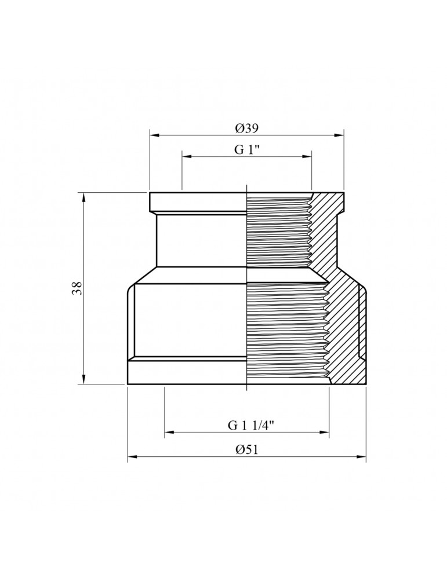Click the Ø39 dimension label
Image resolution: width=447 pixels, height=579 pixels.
pos(247,129)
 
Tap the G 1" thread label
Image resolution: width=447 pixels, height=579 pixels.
pos(246,149)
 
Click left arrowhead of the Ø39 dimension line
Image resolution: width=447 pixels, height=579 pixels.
pos(154,136)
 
